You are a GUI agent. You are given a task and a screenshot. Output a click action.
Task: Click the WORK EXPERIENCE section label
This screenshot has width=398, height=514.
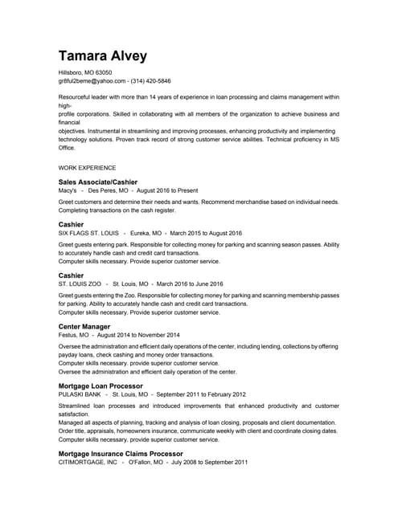tap(88, 169)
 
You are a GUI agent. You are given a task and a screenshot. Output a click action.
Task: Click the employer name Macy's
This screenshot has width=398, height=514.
tap(68, 191)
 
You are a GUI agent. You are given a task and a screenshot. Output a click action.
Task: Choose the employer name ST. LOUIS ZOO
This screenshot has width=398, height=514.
tap(80, 284)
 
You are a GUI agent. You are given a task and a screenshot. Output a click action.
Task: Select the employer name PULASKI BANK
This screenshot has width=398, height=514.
tap(80, 395)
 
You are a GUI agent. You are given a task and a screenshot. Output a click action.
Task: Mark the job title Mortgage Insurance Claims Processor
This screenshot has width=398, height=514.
tap(121, 454)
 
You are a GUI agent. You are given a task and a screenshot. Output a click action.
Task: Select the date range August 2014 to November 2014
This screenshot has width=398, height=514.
tap(143, 335)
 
